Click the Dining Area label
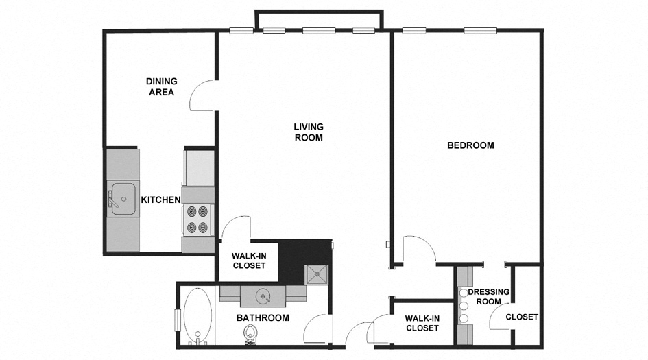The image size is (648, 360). point(161,86)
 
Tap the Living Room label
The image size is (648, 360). point(308,132)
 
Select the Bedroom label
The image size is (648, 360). point(470,145)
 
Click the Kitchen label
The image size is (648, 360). point(160,200)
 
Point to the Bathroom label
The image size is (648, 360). point(263,318)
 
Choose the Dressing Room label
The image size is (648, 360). point(488,297)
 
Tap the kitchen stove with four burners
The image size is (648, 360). point(198,220)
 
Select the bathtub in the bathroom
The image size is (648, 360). point(198,317)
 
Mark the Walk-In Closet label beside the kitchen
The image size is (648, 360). point(249,261)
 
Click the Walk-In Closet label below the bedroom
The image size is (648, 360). point(422,323)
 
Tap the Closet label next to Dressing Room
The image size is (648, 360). point(521,317)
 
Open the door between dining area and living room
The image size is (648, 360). point(204,96)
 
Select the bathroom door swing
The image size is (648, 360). point(316,328)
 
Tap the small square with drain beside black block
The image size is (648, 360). point(317,274)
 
